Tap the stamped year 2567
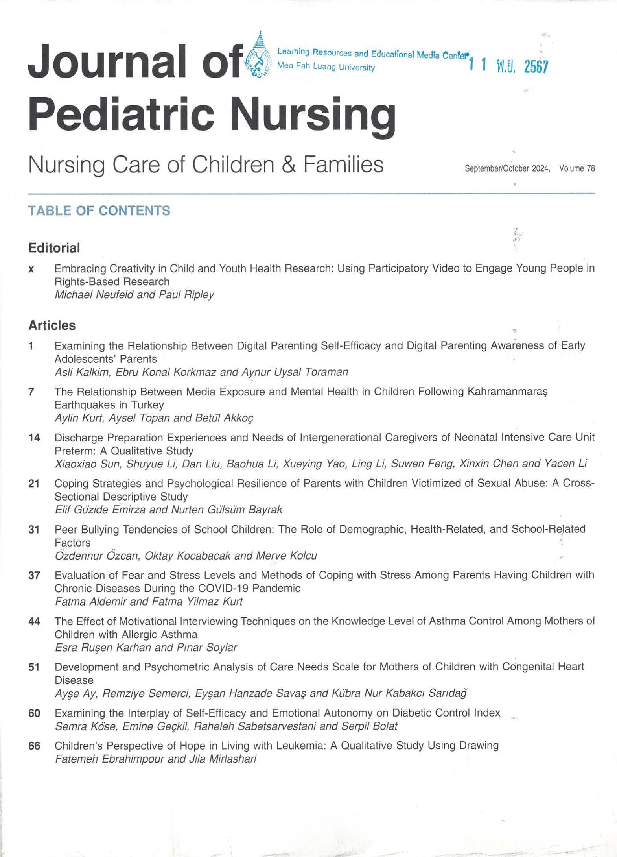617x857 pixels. point(536,67)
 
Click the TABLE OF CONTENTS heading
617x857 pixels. point(99,211)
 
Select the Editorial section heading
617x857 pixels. point(54,248)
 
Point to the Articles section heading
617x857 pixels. point(52,325)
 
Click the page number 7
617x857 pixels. point(31,392)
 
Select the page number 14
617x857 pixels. point(34,438)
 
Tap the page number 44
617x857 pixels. point(34,621)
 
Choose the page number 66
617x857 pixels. point(34,746)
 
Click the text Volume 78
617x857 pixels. point(576,168)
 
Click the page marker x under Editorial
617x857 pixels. point(31,269)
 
